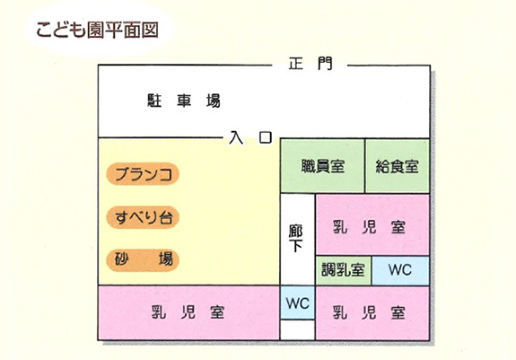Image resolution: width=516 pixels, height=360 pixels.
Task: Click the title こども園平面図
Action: coord(97,31)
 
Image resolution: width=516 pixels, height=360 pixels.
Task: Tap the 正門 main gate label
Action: coord(310,63)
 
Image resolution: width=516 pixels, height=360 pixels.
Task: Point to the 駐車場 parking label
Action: coord(184,101)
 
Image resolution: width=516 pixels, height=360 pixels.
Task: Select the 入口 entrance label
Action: coord(250,137)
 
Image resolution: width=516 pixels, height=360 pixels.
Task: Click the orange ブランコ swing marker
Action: coord(143,174)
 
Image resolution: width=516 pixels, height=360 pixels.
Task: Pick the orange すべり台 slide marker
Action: coord(143,217)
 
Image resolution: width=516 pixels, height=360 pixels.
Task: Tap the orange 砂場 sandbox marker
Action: coord(143,259)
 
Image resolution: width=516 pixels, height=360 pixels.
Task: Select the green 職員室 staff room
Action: coord(322,166)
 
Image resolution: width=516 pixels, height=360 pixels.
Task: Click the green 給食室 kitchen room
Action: coord(398,166)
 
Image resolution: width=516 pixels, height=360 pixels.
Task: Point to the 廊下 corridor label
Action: coord(295,238)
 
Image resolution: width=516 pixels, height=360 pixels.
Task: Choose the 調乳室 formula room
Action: coord(343,270)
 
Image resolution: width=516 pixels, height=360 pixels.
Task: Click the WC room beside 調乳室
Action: coord(400,270)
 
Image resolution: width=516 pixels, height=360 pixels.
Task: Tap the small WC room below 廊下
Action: coord(298,303)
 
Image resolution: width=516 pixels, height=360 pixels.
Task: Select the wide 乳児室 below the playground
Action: coord(188,312)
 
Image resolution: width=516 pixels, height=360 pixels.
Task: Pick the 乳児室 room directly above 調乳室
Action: coord(372,224)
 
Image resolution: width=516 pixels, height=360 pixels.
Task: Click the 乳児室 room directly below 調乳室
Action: coord(372,313)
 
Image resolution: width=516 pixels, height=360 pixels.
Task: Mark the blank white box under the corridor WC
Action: coord(298,329)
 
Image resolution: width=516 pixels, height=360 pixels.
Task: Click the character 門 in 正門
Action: coord(325,63)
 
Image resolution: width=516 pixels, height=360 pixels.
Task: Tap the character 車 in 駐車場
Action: coord(184,101)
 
